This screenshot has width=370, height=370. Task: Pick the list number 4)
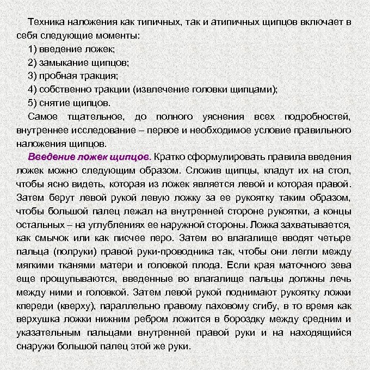click(33, 89)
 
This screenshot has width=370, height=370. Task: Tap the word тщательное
click(98, 116)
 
